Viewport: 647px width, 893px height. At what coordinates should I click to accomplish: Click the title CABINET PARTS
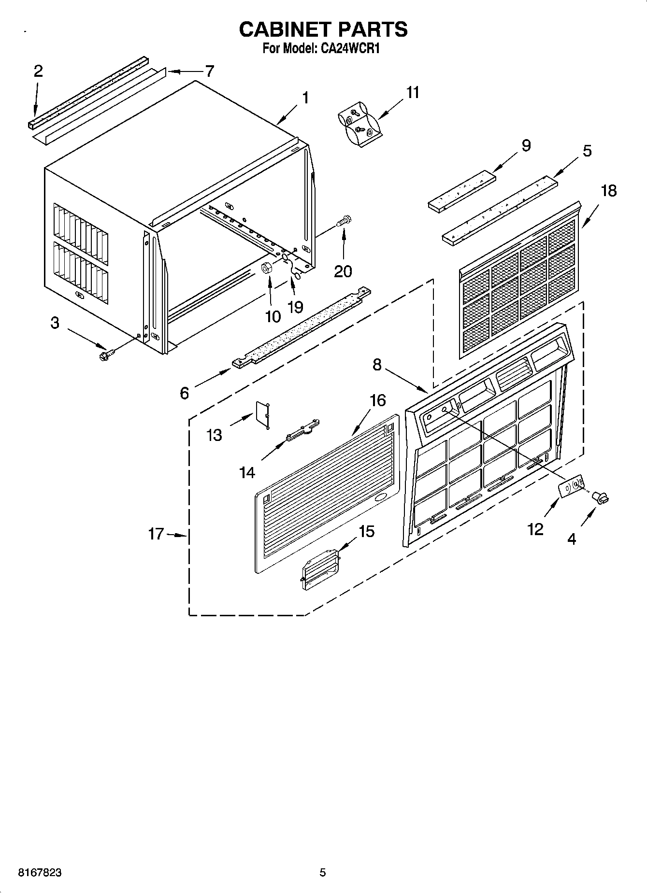click(323, 29)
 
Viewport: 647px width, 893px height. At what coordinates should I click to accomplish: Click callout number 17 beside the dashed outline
click(156, 534)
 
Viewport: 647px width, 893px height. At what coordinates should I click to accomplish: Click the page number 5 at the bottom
click(323, 873)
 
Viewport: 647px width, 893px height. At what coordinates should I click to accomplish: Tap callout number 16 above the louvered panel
click(377, 400)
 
